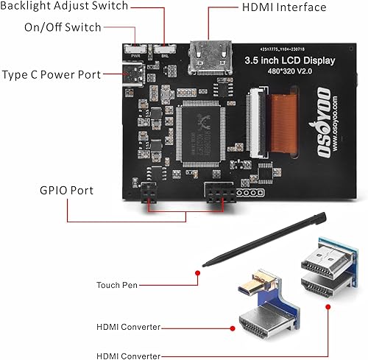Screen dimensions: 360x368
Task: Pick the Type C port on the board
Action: tap(134, 74)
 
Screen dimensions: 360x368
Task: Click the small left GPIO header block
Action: tap(148, 192)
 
